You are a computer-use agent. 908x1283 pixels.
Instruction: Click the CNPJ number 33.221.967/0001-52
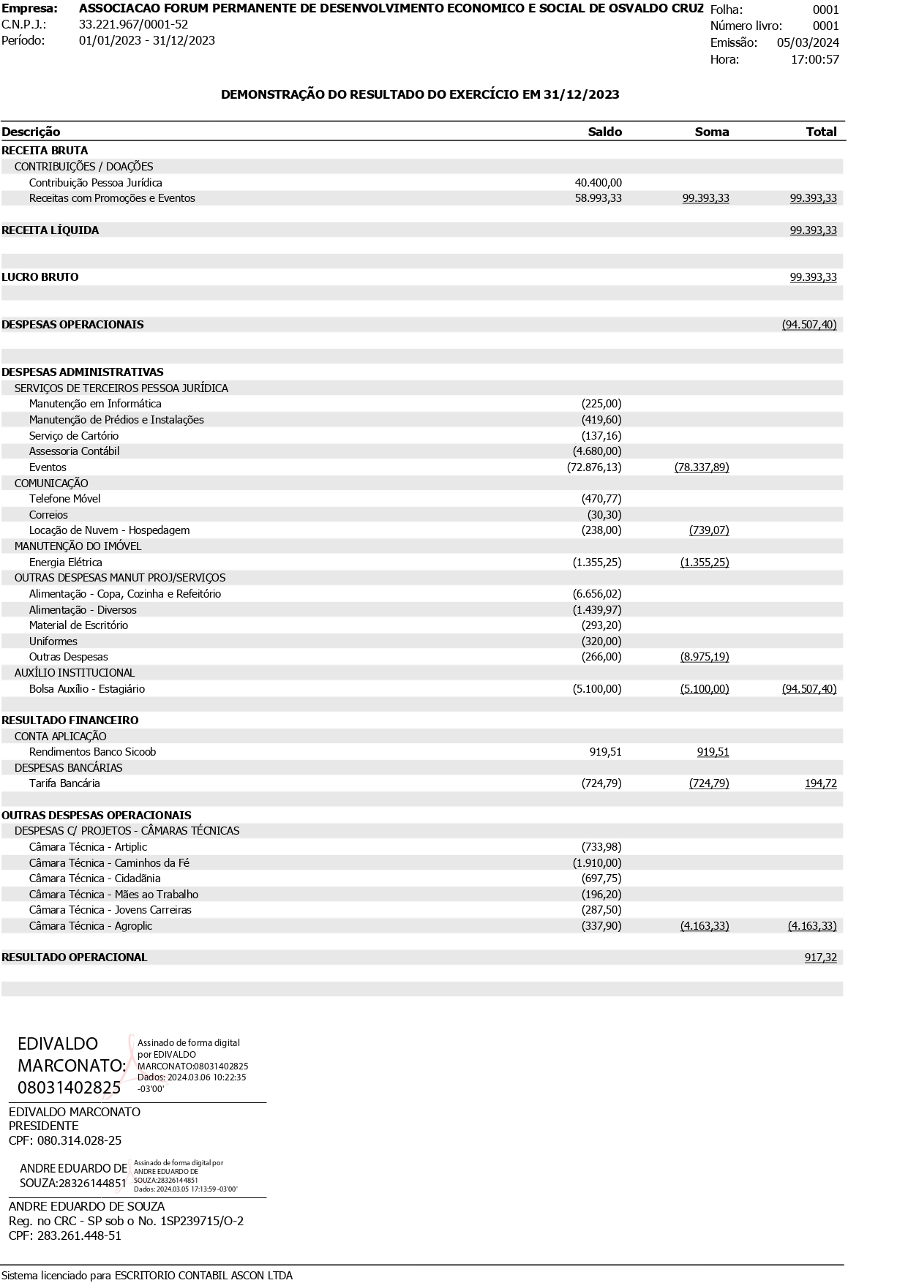coord(133,25)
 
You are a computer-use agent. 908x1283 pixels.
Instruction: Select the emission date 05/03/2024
coord(808,42)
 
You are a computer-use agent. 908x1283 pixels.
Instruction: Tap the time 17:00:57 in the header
coord(814,59)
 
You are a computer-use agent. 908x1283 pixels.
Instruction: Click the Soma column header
coord(711,132)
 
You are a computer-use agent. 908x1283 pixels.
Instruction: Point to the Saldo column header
coord(604,132)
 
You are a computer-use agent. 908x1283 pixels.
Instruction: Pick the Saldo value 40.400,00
coord(598,183)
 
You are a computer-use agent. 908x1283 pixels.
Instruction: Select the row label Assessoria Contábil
coord(74,451)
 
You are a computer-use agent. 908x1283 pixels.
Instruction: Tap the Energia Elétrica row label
coord(65,563)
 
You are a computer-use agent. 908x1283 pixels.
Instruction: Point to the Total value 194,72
coord(820,783)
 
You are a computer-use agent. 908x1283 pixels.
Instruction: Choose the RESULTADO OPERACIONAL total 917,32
coord(820,957)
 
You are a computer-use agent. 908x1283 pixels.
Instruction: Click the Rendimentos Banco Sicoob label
coord(92,752)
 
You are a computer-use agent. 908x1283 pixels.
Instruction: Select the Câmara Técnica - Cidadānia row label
coord(94,878)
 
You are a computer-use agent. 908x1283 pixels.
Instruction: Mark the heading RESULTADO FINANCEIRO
coord(70,720)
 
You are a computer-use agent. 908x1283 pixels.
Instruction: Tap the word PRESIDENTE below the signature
coord(43,1126)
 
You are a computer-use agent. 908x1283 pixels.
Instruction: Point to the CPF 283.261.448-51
coord(79,1235)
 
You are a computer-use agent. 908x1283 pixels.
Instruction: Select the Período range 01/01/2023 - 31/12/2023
coord(146,40)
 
